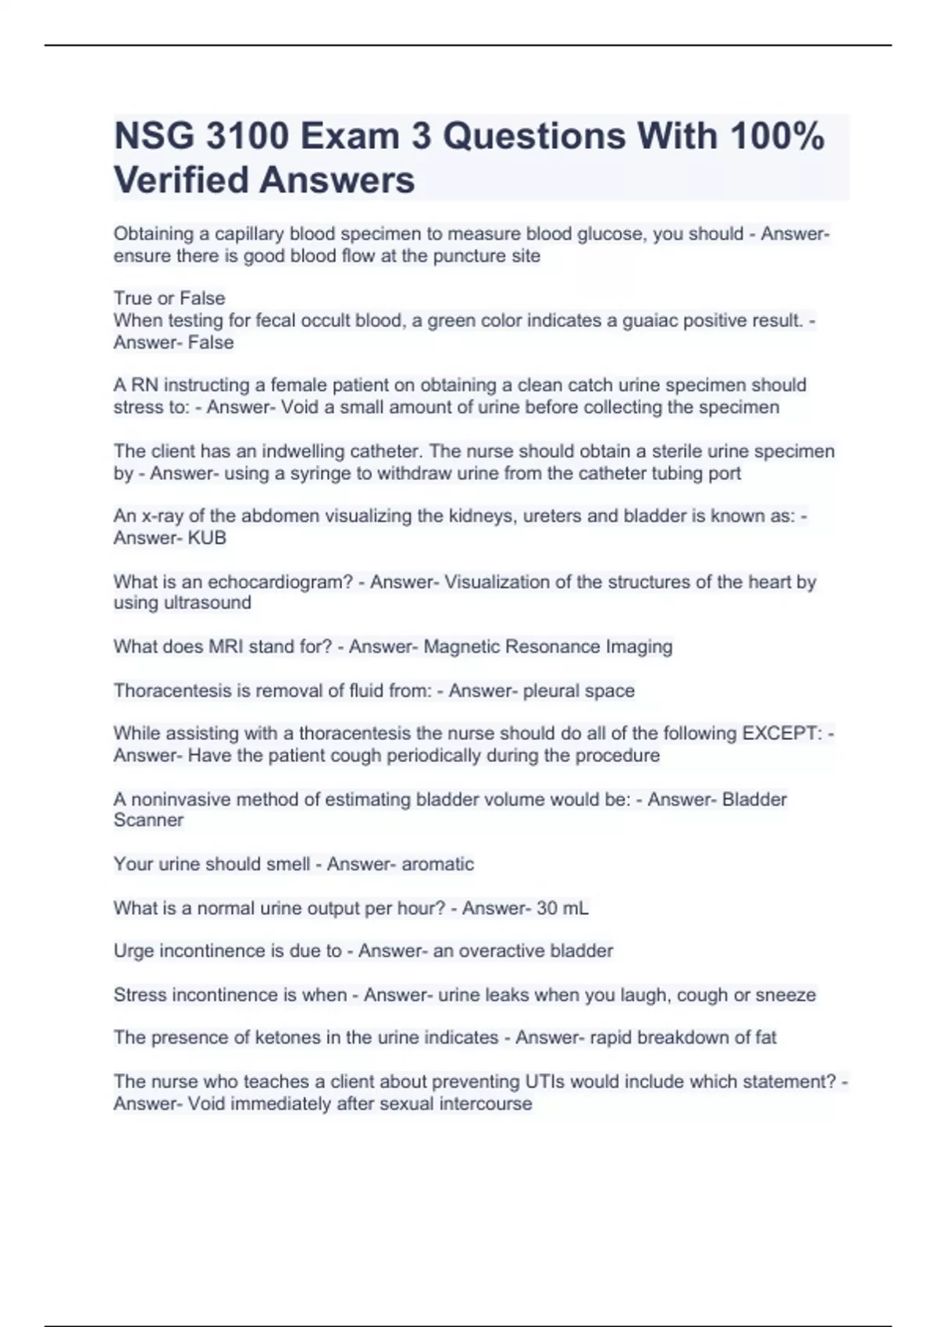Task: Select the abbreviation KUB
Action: coord(207,538)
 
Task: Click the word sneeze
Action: coord(785,995)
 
